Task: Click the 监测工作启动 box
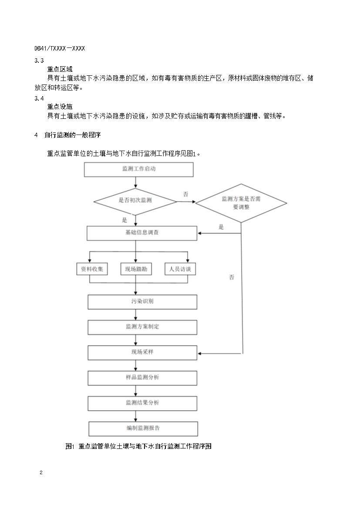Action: point(138,170)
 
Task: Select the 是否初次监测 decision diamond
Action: point(135,201)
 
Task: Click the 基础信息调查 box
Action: point(141,233)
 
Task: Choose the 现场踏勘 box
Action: point(136,269)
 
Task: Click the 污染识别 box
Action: point(142,301)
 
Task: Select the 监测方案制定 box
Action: point(142,327)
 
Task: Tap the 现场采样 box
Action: point(142,352)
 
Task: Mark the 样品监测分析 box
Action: point(142,377)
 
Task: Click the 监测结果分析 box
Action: point(142,403)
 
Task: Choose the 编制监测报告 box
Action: point(143,428)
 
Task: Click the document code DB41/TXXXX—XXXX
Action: point(59,48)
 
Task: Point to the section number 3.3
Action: point(39,61)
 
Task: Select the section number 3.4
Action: point(39,98)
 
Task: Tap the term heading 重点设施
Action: point(60,107)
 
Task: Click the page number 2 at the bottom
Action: point(41,473)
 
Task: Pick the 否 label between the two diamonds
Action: point(186,195)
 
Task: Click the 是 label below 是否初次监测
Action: point(124,220)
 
